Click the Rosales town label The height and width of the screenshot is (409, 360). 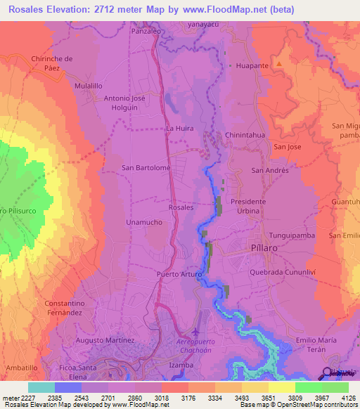click(181, 208)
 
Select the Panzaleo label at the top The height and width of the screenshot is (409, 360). click(148, 32)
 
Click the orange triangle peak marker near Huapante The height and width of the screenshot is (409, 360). click(279, 64)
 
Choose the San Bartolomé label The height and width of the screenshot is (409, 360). click(146, 168)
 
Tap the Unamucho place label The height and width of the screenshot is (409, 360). click(145, 222)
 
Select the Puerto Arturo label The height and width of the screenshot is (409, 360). click(179, 274)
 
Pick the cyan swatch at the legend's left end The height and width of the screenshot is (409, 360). click(41, 387)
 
